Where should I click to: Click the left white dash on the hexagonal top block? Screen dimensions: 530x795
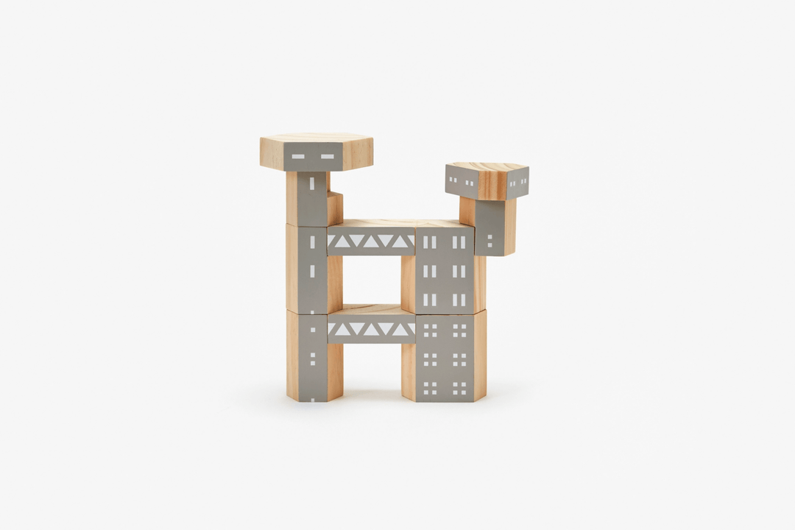coord(298,156)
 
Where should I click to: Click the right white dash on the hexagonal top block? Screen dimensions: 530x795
coord(327,156)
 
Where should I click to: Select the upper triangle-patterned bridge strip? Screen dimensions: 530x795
coord(371,241)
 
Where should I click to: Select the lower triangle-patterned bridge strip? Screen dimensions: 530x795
coord(371,329)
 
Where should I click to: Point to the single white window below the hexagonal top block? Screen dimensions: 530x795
coord(311,183)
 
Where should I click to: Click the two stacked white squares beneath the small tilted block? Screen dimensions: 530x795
coord(490,240)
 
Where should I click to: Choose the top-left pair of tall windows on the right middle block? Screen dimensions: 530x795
coord(429,242)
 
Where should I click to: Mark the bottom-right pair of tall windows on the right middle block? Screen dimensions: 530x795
coord(459,300)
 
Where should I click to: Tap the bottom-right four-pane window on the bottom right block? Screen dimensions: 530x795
coord(459,387)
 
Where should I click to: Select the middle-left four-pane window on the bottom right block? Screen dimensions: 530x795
coord(430,359)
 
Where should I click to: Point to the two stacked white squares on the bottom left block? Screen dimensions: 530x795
coord(312,358)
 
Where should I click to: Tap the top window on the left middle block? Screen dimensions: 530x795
coord(312,241)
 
